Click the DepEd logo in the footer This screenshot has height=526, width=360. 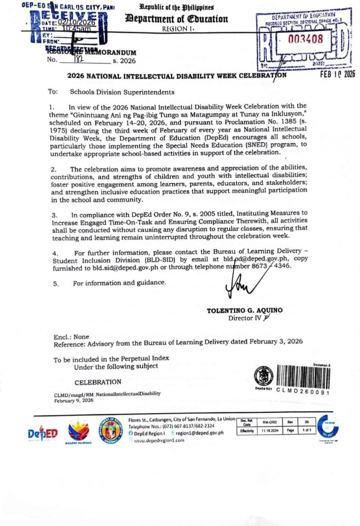pyautogui.click(x=43, y=433)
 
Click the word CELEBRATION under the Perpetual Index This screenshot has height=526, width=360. pyautogui.click(x=98, y=382)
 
